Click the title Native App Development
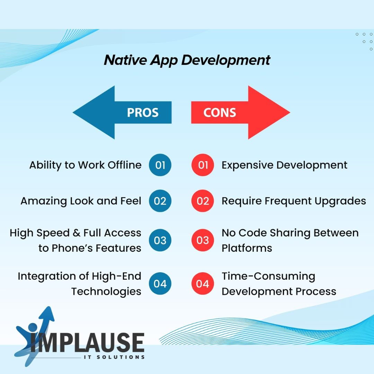pyautogui.click(x=187, y=60)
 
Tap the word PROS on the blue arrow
pyautogui.click(x=143, y=113)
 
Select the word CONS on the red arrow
pyautogui.click(x=220, y=113)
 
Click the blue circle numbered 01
pyautogui.click(x=160, y=165)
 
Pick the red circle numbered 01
pyautogui.click(x=203, y=165)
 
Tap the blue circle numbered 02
pyautogui.click(x=160, y=201)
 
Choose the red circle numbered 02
pyautogui.click(x=203, y=201)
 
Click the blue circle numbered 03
pyautogui.click(x=160, y=240)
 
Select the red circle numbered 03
pyautogui.click(x=203, y=240)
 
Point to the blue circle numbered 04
pyautogui.click(x=160, y=283)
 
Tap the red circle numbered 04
pyautogui.click(x=203, y=283)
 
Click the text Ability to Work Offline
pyautogui.click(x=86, y=165)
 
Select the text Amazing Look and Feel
pyautogui.click(x=81, y=201)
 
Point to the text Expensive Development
pyautogui.click(x=285, y=165)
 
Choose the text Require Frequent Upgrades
pyautogui.click(x=294, y=201)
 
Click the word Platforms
pyautogui.click(x=247, y=248)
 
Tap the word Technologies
pyautogui.click(x=106, y=292)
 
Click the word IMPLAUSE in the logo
pyautogui.click(x=87, y=342)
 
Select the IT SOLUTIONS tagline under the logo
pyautogui.click(x=114, y=357)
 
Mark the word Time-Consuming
pyautogui.click(x=269, y=276)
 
